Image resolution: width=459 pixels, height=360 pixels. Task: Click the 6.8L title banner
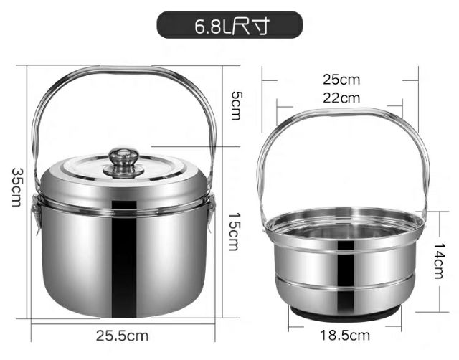pos(229,27)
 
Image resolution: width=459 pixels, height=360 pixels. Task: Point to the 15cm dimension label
pos(234,231)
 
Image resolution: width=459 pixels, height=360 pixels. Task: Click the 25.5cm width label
pos(122,335)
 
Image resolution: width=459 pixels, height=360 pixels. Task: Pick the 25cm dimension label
pos(341,79)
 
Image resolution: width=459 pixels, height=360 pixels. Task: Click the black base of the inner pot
pos(343,314)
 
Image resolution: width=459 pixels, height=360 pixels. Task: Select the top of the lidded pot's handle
pos(123,70)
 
